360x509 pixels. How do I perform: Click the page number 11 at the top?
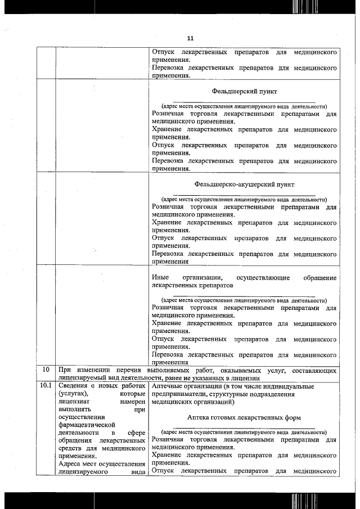pos(190,38)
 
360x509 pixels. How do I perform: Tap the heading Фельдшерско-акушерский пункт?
pos(244,184)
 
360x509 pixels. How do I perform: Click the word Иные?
pos(160,278)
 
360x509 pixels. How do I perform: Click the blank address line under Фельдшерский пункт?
pos(244,102)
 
